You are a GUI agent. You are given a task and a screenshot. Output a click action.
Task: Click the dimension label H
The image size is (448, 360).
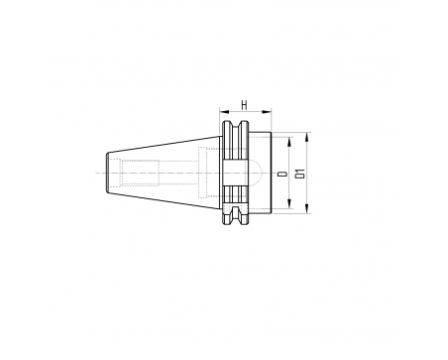point(244,105)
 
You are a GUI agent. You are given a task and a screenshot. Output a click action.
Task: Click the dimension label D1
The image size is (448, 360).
point(301,174)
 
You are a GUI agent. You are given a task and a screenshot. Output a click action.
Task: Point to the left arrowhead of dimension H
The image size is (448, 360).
point(224,112)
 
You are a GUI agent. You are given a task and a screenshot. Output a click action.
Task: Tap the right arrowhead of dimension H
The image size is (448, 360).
point(267,112)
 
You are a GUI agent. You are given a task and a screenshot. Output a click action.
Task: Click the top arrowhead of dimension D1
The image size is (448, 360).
point(307,137)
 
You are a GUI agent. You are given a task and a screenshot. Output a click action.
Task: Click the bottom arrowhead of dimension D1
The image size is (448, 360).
point(307,208)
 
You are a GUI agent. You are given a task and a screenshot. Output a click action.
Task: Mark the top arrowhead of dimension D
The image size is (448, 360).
point(289,142)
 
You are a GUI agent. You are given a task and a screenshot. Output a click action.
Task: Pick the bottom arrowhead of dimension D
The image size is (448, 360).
point(289,203)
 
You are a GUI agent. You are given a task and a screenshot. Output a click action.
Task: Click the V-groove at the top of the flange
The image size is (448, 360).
point(235,126)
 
